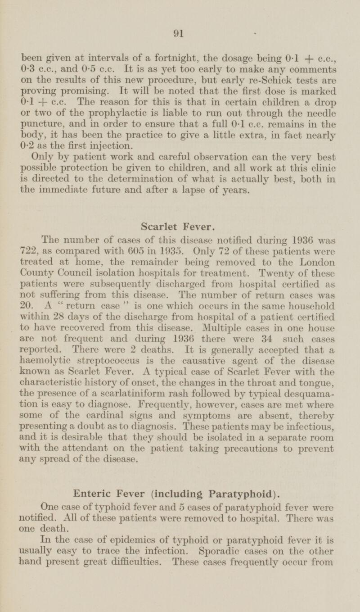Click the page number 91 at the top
click(180, 32)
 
